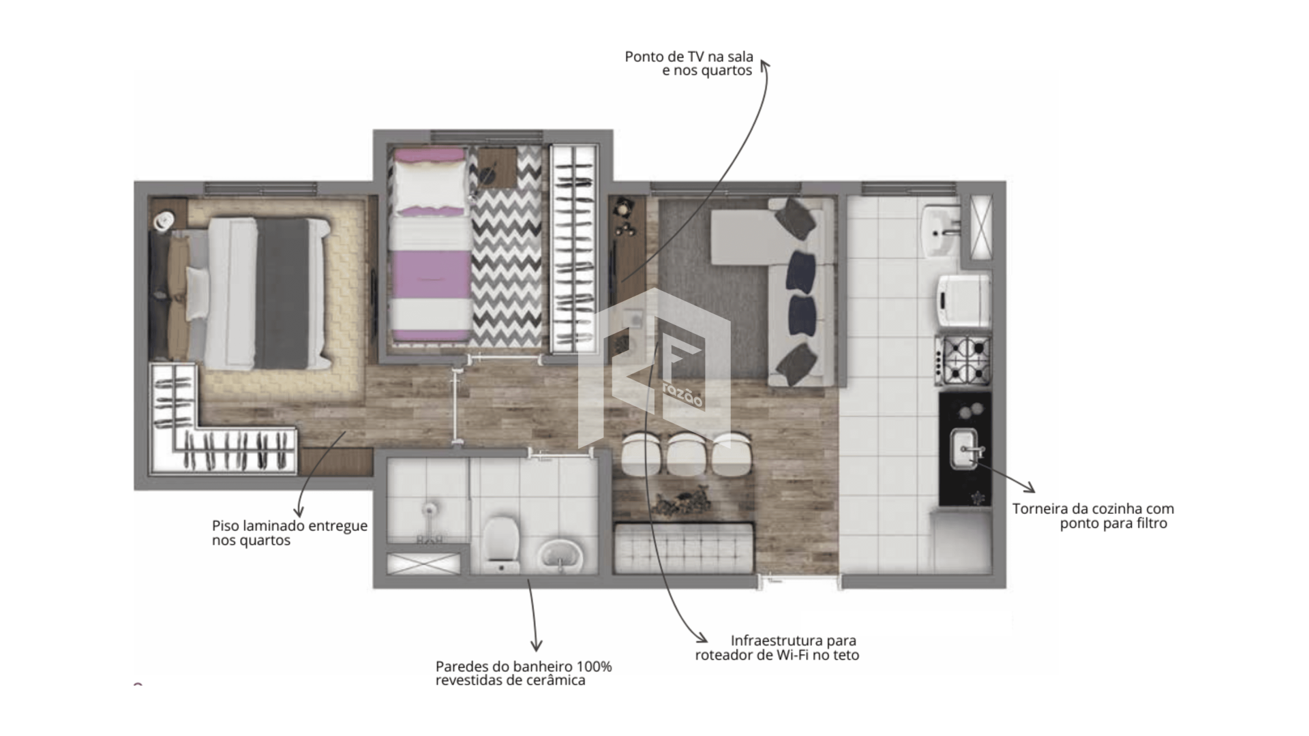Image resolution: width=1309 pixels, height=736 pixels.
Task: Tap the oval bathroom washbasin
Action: (x=560, y=555)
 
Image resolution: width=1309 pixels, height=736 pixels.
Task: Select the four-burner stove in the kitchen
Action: (x=963, y=360)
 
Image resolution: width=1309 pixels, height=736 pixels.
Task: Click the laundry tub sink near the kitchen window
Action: (x=942, y=231)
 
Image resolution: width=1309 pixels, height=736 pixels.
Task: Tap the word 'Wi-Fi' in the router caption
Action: (x=792, y=656)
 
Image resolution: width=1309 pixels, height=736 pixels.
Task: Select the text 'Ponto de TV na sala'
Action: (x=689, y=57)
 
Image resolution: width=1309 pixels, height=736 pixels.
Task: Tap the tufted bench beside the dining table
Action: (x=684, y=547)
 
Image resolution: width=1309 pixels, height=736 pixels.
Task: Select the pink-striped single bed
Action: (x=430, y=245)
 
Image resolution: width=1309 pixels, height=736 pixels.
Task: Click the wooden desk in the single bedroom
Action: (x=497, y=167)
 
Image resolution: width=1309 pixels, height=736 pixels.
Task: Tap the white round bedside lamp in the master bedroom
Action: (x=164, y=219)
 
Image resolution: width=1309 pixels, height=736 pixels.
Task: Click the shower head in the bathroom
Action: (x=428, y=510)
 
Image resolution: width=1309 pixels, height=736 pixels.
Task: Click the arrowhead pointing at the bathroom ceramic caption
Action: (x=537, y=645)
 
